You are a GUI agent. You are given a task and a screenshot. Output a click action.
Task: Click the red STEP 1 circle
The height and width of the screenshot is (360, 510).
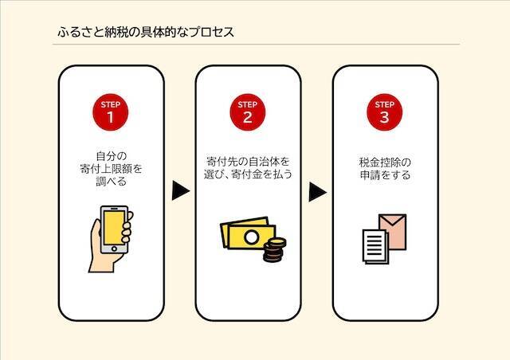[110, 112]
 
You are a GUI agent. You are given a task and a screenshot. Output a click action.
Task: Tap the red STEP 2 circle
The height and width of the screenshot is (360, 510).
[248, 112]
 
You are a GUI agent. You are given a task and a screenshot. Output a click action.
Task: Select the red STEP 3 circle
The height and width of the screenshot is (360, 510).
[384, 112]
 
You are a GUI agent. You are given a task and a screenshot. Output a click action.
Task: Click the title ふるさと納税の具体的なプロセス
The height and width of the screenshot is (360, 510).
[146, 32]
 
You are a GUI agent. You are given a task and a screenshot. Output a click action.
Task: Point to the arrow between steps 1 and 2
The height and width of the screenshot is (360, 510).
[181, 190]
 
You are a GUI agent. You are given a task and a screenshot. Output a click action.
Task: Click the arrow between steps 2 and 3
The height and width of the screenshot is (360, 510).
[317, 192]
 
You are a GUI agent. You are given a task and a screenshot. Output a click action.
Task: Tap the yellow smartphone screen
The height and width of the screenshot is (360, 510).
[113, 227]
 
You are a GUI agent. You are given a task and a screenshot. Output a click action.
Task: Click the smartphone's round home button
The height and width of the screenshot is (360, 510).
[114, 249]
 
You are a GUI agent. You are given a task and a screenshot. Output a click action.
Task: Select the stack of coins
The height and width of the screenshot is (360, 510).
[274, 250]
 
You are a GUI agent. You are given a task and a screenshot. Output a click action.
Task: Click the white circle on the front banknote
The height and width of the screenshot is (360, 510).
[252, 237]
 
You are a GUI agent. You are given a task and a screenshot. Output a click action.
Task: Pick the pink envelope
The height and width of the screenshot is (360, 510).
[393, 232]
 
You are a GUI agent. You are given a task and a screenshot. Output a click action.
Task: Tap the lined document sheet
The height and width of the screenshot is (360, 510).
[375, 246]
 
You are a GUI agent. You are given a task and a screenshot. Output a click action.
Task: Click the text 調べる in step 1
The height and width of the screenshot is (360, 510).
[111, 182]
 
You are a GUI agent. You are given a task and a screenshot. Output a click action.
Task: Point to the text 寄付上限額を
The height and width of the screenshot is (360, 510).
[111, 169]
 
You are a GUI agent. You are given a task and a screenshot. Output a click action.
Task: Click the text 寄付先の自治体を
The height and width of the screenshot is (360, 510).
[248, 162]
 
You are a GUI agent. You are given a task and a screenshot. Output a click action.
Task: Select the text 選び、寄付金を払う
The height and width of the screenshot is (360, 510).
[248, 174]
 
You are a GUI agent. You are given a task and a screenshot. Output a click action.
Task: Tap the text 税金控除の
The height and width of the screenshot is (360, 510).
[385, 162]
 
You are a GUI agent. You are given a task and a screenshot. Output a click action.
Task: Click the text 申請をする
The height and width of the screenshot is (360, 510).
[385, 175]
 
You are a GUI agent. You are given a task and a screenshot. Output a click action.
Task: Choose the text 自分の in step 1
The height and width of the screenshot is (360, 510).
[111, 156]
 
